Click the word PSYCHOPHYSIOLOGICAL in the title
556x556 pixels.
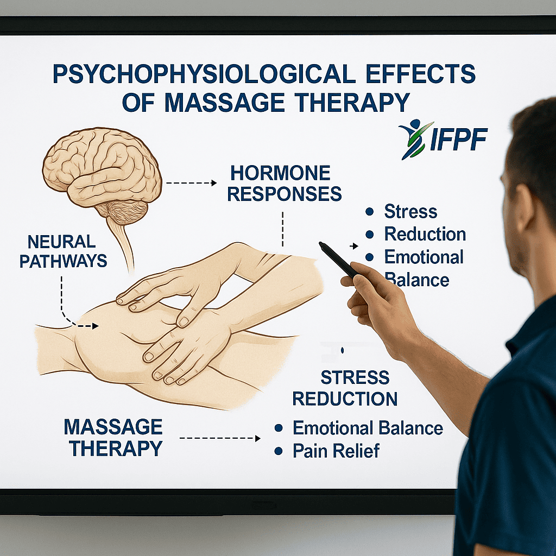(x=204, y=74)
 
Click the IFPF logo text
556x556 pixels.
(x=458, y=138)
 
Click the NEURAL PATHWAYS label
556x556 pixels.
(x=63, y=251)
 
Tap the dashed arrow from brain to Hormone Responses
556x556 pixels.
(x=191, y=183)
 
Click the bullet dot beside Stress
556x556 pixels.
(x=369, y=212)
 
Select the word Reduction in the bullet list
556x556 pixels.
(x=425, y=235)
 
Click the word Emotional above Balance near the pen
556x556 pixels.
(x=424, y=257)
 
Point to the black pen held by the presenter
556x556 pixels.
(x=339, y=260)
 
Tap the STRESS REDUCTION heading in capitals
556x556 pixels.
(x=345, y=388)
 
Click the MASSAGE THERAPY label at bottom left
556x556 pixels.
(x=113, y=438)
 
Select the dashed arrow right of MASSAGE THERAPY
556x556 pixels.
(x=220, y=438)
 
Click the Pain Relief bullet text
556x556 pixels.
(x=336, y=451)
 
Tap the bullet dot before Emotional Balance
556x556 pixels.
(x=279, y=428)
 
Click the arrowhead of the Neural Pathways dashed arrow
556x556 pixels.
(x=96, y=326)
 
